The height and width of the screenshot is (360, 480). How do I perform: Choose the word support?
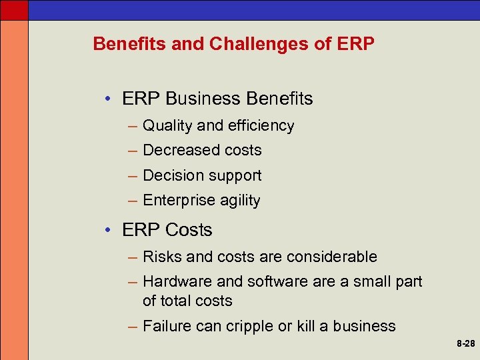coord(233,176)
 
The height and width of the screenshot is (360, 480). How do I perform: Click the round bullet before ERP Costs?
coord(109,231)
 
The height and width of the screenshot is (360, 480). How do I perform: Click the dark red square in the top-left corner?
coord(14,9)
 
